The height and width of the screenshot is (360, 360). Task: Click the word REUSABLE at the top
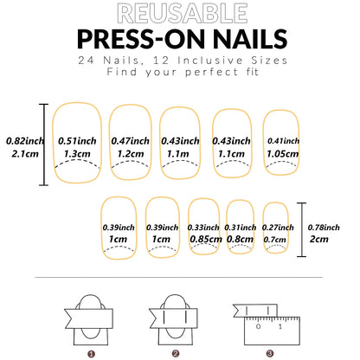tap(180, 13)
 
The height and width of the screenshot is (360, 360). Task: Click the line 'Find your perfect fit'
tap(180, 74)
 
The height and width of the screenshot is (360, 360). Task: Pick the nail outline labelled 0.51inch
tap(77, 145)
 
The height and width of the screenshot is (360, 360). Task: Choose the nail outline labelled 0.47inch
tap(131, 145)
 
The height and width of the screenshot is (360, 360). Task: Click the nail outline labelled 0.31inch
tap(240, 228)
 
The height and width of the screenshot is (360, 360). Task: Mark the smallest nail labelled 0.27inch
tap(275, 228)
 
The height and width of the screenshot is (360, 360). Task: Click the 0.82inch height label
tap(20, 138)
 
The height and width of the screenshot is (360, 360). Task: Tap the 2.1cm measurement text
tap(20, 154)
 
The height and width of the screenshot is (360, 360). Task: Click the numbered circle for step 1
tap(91, 353)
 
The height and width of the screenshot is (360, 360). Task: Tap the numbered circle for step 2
tap(175, 353)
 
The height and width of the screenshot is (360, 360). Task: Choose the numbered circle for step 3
tap(269, 353)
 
